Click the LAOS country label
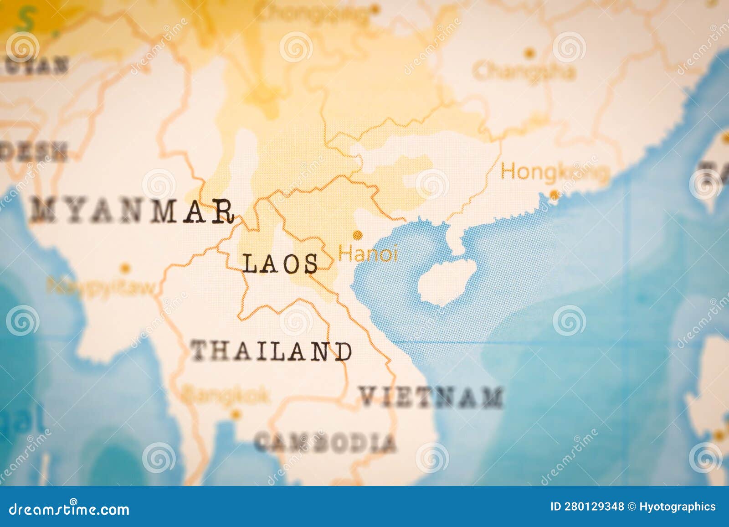(x=280, y=264)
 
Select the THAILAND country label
(x=271, y=351)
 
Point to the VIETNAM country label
(x=431, y=397)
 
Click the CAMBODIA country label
(x=325, y=442)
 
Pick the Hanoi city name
(x=368, y=253)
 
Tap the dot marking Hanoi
(x=358, y=235)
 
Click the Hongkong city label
(x=555, y=172)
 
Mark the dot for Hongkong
(x=554, y=194)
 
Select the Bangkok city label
(x=224, y=394)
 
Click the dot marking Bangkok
(x=235, y=414)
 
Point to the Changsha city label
(x=524, y=72)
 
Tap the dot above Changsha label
(x=529, y=53)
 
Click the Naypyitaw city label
(x=102, y=287)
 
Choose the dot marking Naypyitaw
(x=125, y=268)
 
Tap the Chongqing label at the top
(x=314, y=14)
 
